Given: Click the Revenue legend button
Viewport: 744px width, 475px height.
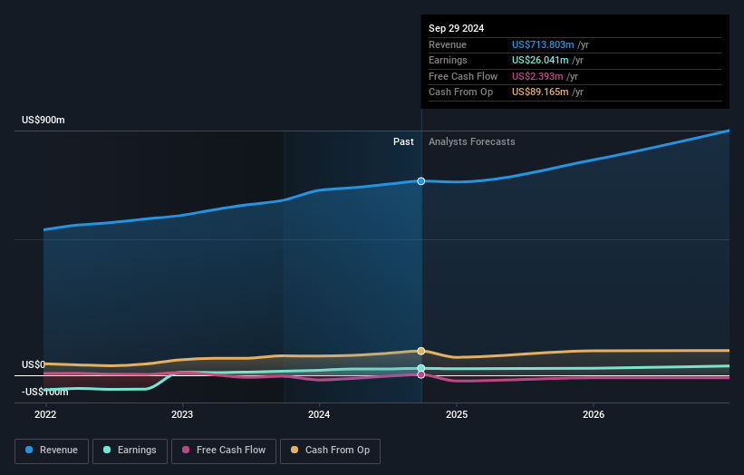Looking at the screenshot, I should (53, 451).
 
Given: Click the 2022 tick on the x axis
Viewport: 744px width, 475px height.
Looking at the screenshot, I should (44, 414).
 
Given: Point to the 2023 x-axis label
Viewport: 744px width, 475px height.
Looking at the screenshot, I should (182, 414).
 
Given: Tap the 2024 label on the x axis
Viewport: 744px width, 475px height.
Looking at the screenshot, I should (319, 414).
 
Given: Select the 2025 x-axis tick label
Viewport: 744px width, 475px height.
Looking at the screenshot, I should (457, 414).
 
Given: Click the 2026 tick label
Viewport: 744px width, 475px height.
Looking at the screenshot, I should (594, 414).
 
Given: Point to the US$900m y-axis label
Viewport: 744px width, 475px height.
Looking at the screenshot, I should (43, 121).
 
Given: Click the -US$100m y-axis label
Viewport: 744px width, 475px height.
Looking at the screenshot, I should (45, 392).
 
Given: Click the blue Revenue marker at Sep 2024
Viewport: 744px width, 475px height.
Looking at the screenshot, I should (421, 181).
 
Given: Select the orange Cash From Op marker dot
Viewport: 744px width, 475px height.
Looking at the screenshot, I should (421, 351).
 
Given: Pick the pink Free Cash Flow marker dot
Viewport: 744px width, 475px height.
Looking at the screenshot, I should (421, 374).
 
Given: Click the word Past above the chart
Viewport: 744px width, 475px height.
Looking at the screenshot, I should (403, 141).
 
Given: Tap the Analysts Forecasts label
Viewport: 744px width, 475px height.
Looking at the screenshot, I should (471, 141).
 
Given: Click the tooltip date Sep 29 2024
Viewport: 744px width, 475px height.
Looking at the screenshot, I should (456, 28).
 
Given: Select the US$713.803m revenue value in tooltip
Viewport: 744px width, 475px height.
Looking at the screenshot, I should (543, 44).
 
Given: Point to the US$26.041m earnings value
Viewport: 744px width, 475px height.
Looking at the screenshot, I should (540, 61).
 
